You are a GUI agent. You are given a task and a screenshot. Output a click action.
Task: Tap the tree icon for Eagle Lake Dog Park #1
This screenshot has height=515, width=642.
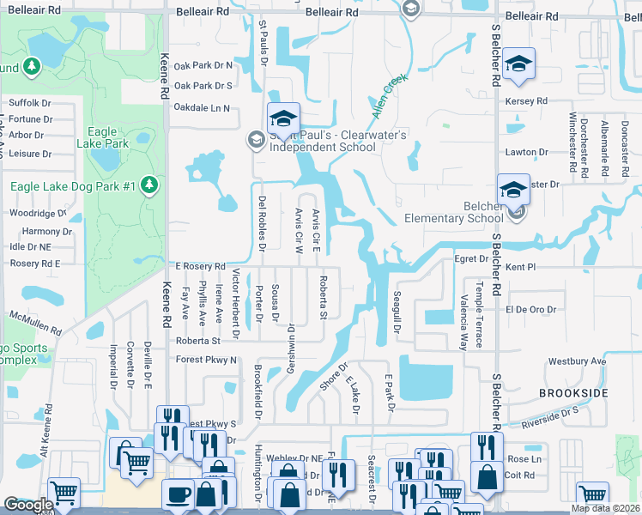point(149,185)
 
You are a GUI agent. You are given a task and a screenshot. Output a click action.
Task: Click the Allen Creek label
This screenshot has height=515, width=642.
point(389,96)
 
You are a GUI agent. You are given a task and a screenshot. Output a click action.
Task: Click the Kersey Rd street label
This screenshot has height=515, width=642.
point(527,101)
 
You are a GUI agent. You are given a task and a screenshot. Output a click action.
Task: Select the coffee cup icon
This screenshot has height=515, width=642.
point(179,494)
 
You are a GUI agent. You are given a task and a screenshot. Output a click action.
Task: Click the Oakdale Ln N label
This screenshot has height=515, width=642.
point(203,108)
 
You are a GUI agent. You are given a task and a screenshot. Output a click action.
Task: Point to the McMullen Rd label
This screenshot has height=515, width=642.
point(34,324)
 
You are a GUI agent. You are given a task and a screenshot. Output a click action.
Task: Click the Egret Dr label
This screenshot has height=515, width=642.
point(471,257)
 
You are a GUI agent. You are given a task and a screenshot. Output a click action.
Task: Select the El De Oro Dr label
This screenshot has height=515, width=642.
point(531,309)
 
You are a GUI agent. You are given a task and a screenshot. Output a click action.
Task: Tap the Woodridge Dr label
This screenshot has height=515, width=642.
point(37,213)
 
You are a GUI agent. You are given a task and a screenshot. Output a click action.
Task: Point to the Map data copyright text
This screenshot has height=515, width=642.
point(606,508)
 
